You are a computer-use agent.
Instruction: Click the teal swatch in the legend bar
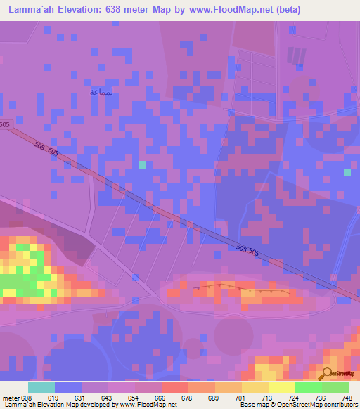coord(41,387)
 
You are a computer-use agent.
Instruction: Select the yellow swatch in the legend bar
coord(282,387)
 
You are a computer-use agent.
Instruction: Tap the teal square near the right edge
coord(347,172)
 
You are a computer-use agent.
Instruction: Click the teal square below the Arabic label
coord(143,164)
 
